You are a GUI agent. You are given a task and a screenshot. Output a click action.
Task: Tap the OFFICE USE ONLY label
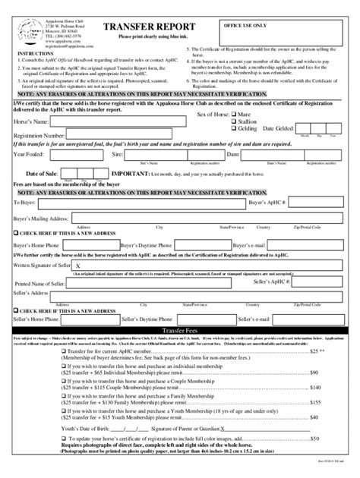(x=247, y=25)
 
